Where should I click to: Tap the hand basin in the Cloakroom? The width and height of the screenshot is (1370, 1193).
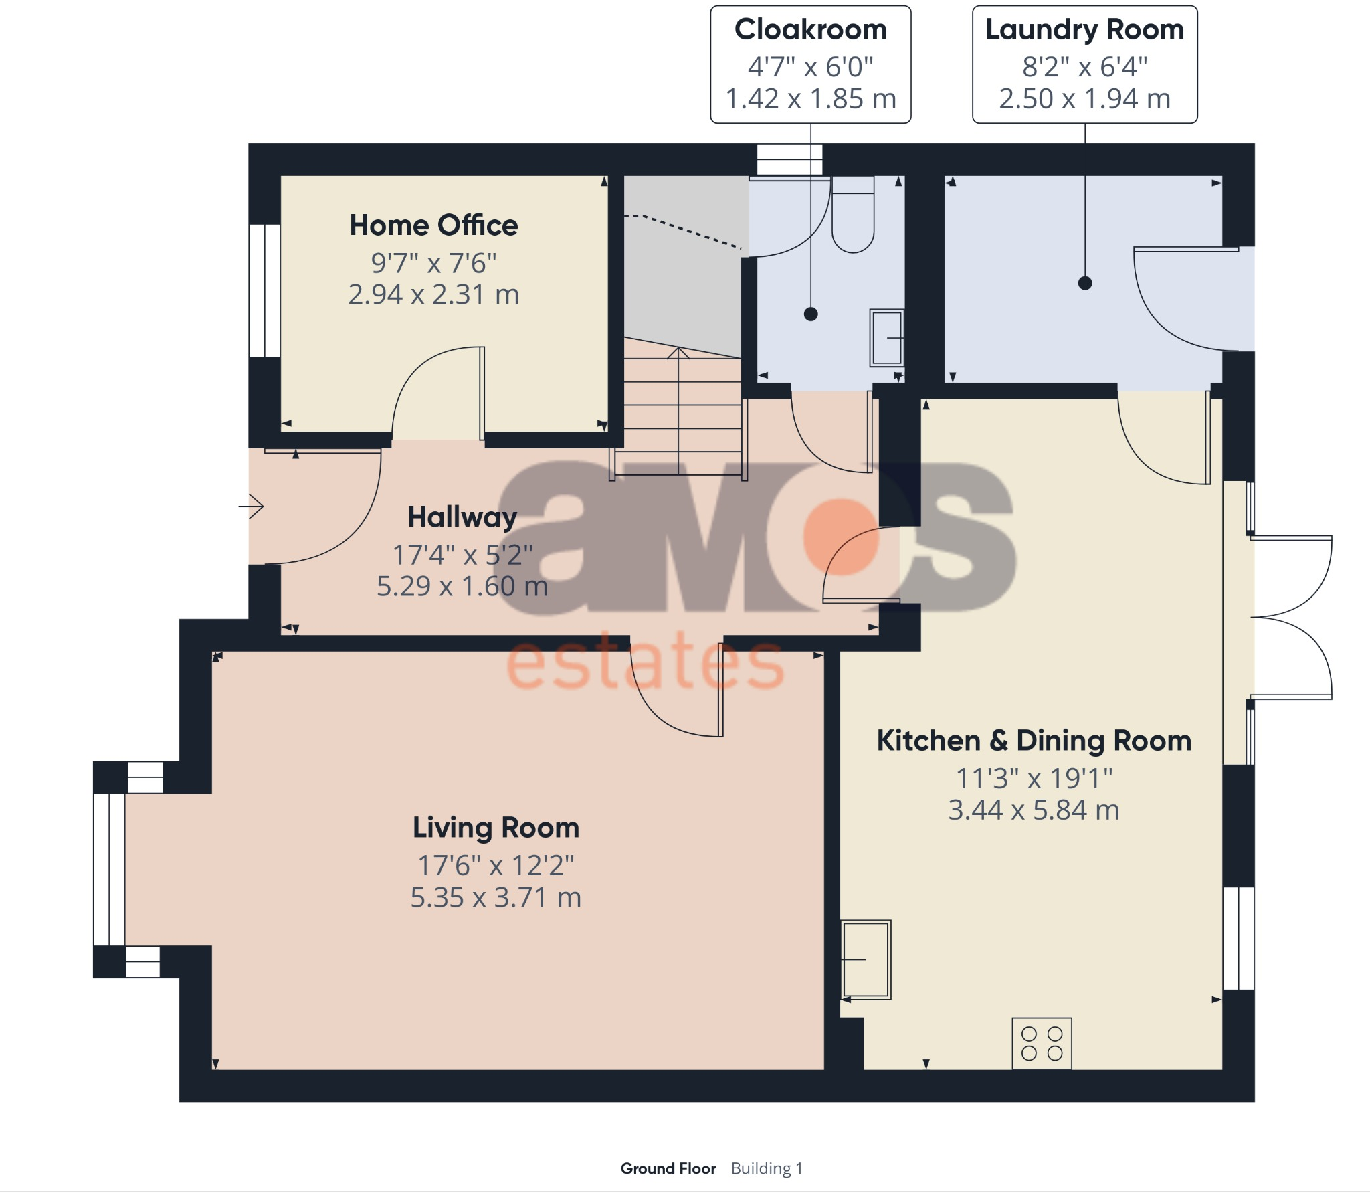click(x=886, y=338)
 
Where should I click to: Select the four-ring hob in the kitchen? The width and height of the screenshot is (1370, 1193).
click(x=1042, y=1043)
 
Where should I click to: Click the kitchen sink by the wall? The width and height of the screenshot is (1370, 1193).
click(x=866, y=959)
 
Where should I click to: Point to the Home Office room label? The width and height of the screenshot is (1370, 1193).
click(x=433, y=225)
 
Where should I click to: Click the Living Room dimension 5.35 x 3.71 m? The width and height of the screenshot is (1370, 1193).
click(x=496, y=897)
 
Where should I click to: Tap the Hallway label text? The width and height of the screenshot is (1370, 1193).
click(x=462, y=517)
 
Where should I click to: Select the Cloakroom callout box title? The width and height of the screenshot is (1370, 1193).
click(x=810, y=29)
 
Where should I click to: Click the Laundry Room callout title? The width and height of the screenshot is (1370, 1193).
click(x=1084, y=29)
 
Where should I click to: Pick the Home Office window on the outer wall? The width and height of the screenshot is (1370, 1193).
click(x=265, y=290)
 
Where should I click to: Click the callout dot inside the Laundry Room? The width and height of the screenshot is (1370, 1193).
click(x=1085, y=283)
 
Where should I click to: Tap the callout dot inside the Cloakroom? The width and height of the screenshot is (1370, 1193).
click(x=811, y=314)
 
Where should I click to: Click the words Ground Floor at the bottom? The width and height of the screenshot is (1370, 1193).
click(x=668, y=1168)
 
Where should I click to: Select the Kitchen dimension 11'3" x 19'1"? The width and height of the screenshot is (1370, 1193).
click(x=1034, y=778)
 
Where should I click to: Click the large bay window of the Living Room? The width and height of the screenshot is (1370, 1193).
click(x=109, y=868)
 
